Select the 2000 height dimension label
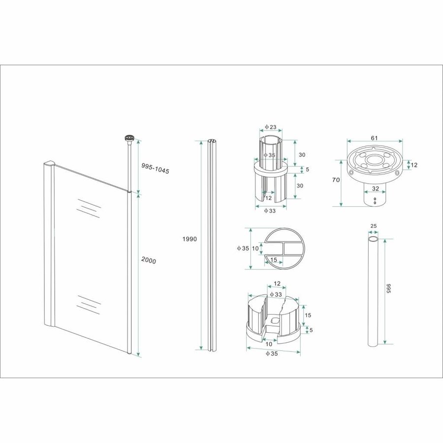[148, 260]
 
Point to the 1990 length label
[189, 239]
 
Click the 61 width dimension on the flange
[374, 138]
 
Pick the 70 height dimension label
[336, 180]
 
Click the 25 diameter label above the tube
[373, 226]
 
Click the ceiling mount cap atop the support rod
[129, 139]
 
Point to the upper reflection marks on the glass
[87, 206]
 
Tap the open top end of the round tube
[374, 239]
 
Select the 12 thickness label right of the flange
[414, 165]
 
